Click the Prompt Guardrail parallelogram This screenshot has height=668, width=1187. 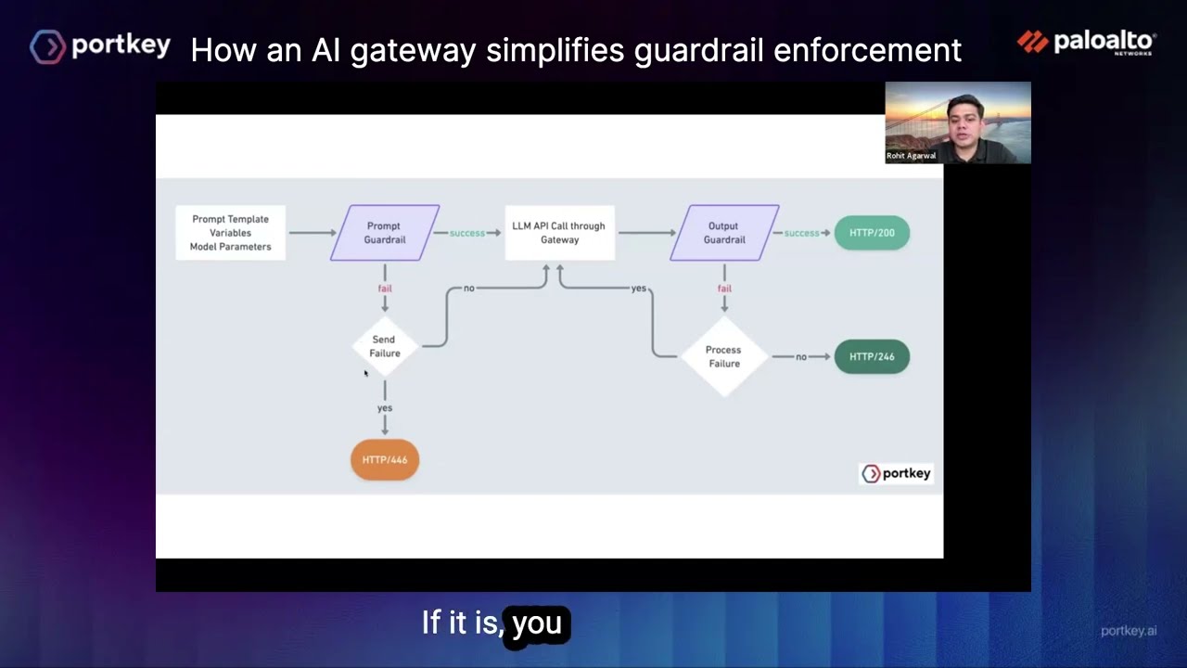tap(384, 233)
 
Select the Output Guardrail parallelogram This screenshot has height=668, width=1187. tap(724, 233)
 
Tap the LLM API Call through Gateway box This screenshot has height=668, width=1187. tap(559, 233)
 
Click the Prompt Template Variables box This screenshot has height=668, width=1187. tap(231, 233)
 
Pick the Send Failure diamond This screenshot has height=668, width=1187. tap(385, 346)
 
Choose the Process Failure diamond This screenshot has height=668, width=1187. tap(723, 356)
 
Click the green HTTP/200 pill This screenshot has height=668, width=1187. tap(872, 233)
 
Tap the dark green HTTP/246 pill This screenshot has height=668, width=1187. tap(872, 356)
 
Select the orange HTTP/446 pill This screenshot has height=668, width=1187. tap(385, 460)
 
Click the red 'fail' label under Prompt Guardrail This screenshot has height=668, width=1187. tap(385, 289)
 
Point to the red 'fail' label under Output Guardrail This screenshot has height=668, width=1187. tap(724, 289)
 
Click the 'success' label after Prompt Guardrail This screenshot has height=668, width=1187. tap(467, 233)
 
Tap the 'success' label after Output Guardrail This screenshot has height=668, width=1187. tap(802, 233)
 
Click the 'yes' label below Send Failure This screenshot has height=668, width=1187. tap(385, 408)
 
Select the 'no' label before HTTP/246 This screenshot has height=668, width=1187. tap(801, 357)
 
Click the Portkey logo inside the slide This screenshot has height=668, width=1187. tap(896, 474)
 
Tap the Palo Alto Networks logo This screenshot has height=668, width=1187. tap(1086, 43)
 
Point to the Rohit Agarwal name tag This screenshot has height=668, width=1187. tap(911, 156)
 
